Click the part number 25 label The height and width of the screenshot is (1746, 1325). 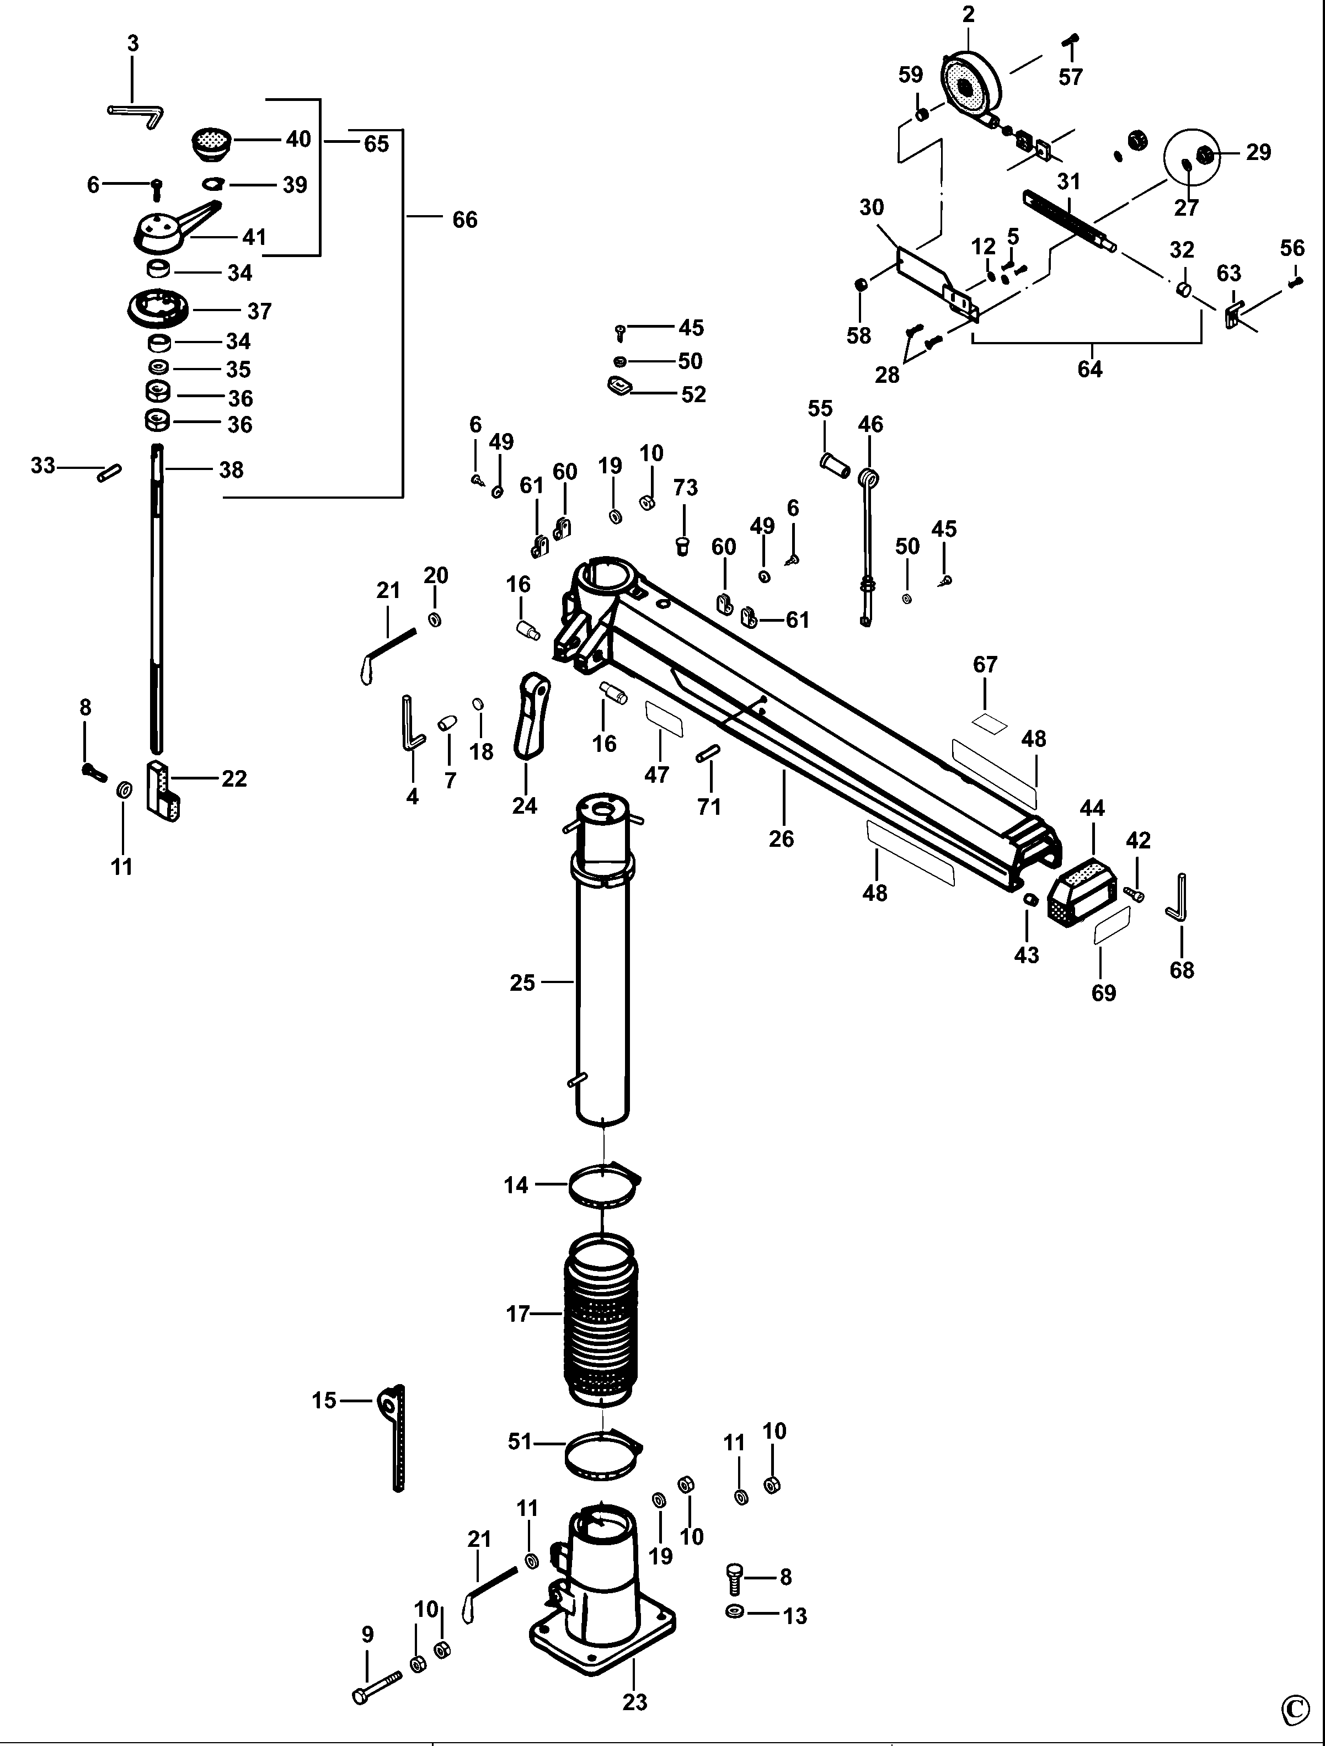(522, 983)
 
